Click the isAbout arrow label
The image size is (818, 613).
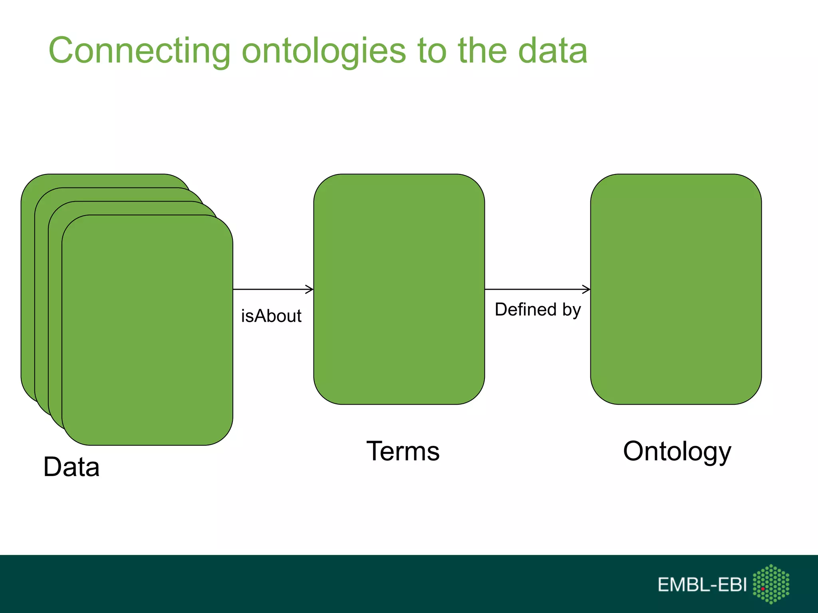click(x=271, y=316)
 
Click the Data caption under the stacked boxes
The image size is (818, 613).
click(x=71, y=467)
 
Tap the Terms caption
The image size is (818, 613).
click(x=403, y=451)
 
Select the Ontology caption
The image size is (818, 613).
click(x=677, y=451)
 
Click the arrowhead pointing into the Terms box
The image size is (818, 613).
click(x=310, y=289)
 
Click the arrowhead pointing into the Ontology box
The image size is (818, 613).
click(x=586, y=289)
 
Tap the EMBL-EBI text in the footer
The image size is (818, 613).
click(x=702, y=585)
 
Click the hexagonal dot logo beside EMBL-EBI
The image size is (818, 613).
click(x=771, y=584)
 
